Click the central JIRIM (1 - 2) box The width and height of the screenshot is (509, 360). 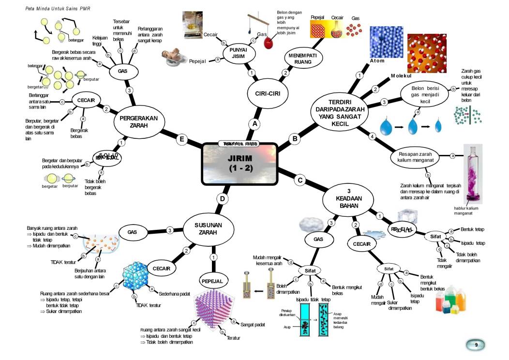[240, 164]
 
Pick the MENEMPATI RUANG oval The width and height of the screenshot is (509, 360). [303, 59]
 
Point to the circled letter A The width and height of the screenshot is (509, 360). [254, 124]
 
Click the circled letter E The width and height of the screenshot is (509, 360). [182, 140]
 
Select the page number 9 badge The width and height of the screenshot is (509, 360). [476, 345]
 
